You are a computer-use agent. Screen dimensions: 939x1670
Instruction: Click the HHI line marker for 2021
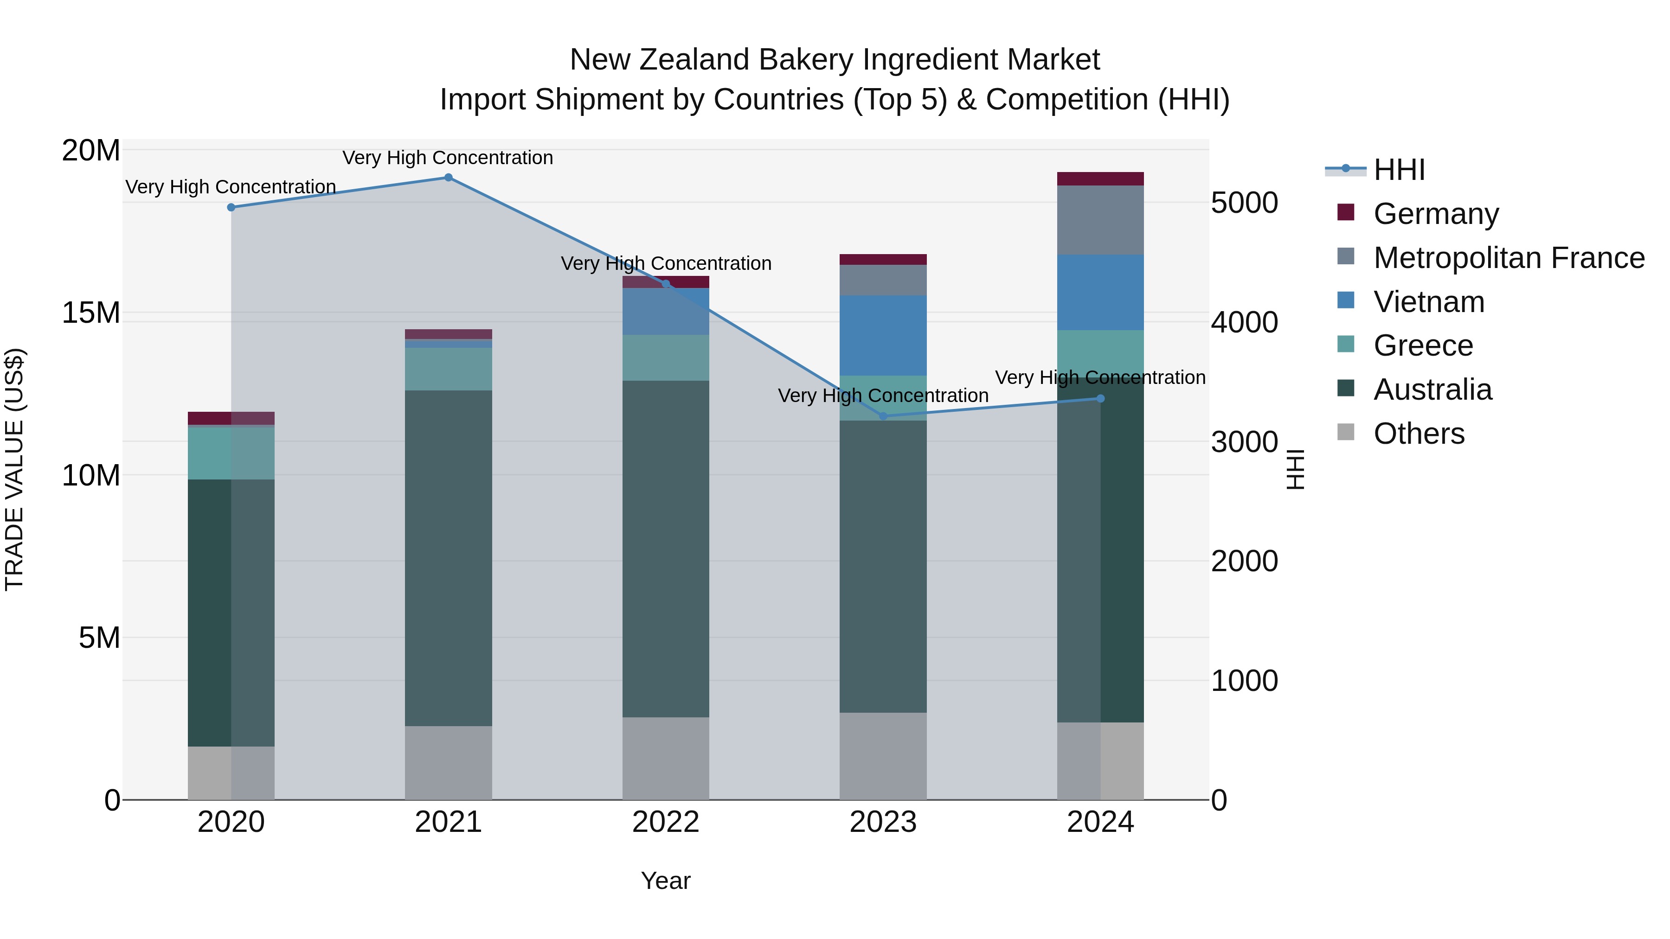(448, 178)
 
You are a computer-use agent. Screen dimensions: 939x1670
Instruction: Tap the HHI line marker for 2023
(883, 416)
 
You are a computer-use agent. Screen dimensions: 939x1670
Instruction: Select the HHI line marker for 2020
(231, 207)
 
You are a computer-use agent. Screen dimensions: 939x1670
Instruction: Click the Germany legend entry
(1435, 214)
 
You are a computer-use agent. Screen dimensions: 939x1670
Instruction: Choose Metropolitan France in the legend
(1509, 258)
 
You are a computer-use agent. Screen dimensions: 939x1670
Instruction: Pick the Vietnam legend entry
(1428, 302)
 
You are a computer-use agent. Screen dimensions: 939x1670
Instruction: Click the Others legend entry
(1419, 434)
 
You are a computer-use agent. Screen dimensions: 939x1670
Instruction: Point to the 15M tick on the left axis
(91, 313)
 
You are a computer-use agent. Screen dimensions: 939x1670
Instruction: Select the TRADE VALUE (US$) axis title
(14, 469)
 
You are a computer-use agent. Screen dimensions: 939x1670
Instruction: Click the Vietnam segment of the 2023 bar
(883, 336)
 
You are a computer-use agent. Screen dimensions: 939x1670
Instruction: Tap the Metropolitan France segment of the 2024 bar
(1100, 220)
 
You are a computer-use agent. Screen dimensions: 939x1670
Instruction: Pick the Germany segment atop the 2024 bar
(1100, 179)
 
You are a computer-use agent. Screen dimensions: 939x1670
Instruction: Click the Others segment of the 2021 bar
(448, 763)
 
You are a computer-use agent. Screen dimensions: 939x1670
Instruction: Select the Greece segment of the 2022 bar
(665, 358)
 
